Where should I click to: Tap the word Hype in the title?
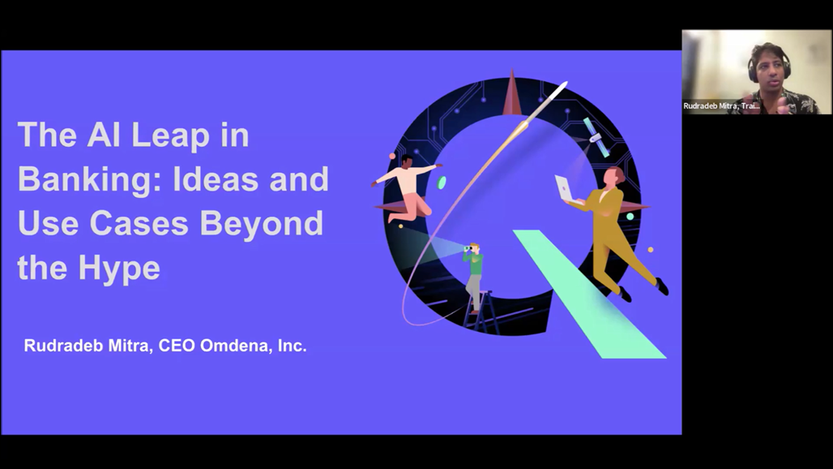point(119,268)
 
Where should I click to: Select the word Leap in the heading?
point(170,136)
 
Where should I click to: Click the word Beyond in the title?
point(262,223)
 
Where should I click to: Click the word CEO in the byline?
point(176,346)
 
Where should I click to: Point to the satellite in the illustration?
point(596,137)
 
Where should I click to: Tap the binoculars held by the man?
point(468,247)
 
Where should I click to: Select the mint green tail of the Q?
point(589,294)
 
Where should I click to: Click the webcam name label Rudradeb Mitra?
point(721,105)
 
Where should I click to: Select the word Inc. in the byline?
point(293,346)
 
